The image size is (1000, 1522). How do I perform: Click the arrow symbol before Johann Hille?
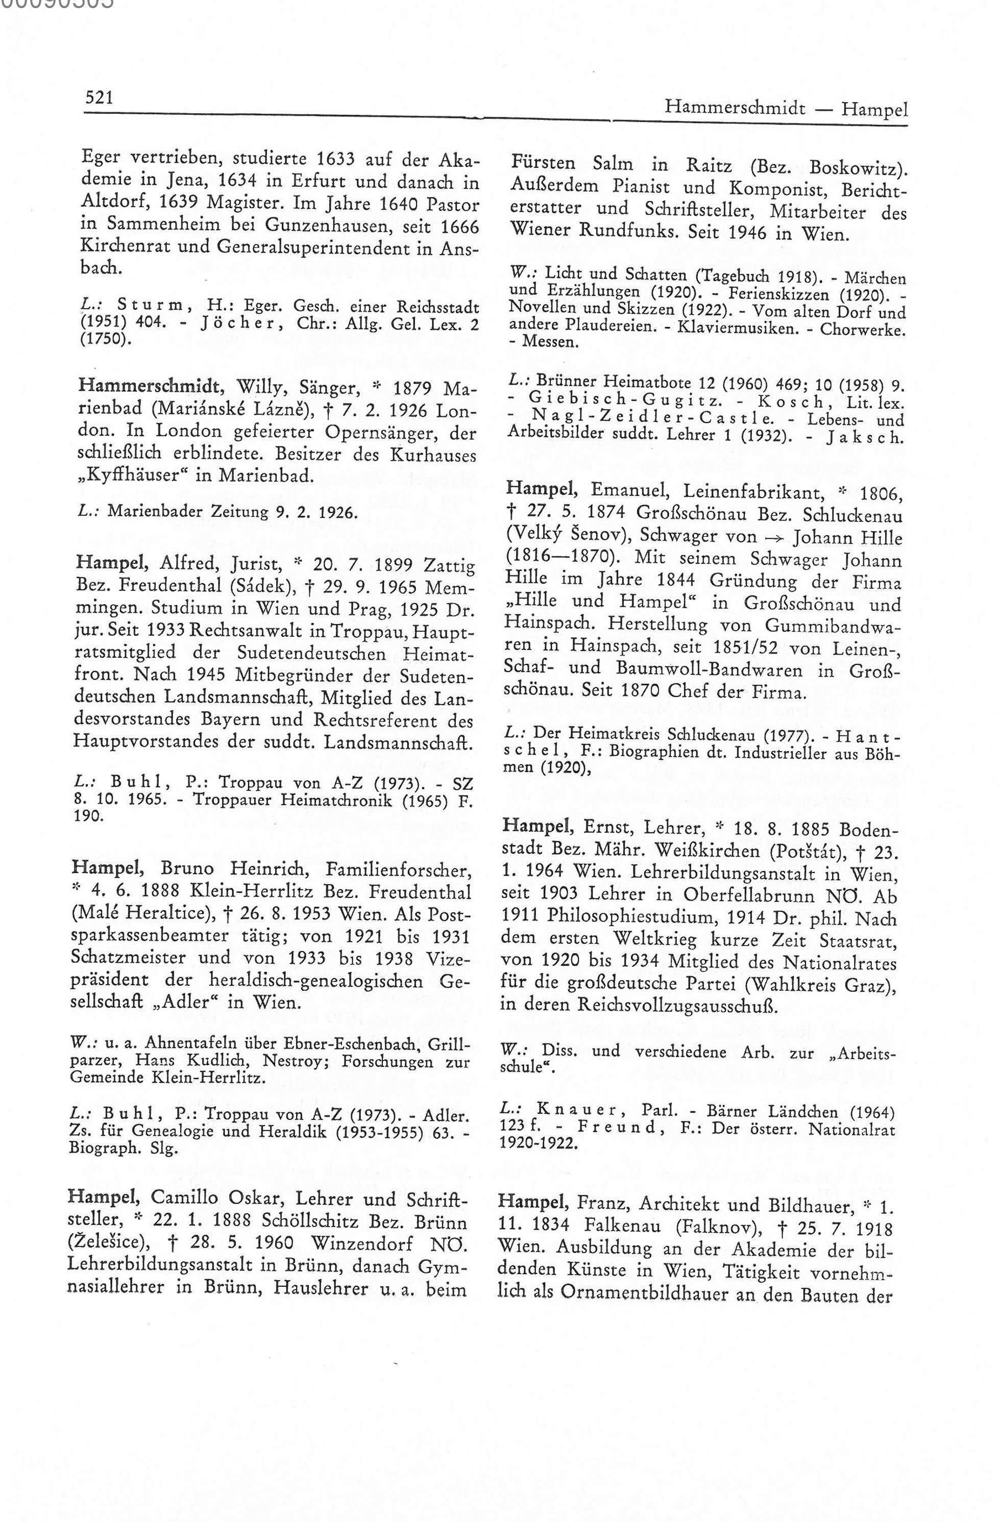click(776, 537)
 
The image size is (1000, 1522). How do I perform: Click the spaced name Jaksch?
click(864, 438)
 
